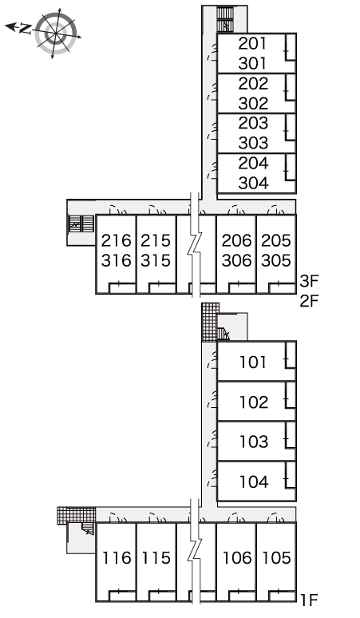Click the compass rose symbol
[x=56, y=34]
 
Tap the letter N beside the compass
[x=26, y=29]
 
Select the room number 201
[x=252, y=44]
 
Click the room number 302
[x=253, y=103]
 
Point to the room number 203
[x=253, y=124]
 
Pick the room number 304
[x=253, y=183]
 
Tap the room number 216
[x=117, y=240]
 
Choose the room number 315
[x=156, y=260]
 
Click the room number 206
[x=236, y=240]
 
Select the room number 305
[x=276, y=260]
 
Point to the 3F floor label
[x=309, y=281]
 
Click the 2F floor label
[x=309, y=301]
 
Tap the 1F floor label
[x=310, y=600]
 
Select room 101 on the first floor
[x=253, y=362]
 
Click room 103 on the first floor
[x=254, y=442]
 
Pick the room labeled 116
[x=117, y=558]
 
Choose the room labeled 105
[x=277, y=558]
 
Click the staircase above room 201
[x=225, y=19]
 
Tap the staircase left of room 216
[x=81, y=224]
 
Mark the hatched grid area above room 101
[x=210, y=322]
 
